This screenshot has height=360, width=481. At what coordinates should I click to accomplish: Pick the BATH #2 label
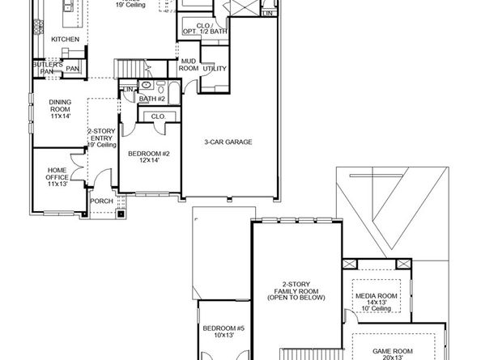151,98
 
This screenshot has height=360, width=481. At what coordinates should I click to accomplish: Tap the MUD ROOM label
189,64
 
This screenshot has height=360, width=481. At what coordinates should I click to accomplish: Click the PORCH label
101,201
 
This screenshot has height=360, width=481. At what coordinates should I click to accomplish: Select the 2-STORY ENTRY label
101,136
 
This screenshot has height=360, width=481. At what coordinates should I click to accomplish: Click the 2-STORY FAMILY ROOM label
296,290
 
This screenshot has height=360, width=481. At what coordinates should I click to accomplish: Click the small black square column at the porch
121,214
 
